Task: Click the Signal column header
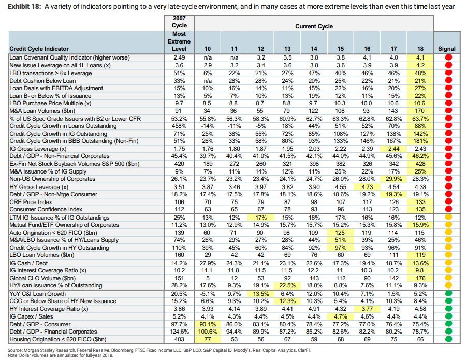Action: coord(446,49)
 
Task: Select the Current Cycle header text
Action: coord(314,26)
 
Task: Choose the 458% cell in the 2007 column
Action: coord(179,126)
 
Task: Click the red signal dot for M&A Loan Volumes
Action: coord(448,110)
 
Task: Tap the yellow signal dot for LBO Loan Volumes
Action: coord(448,255)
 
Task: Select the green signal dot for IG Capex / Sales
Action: coord(448,316)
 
